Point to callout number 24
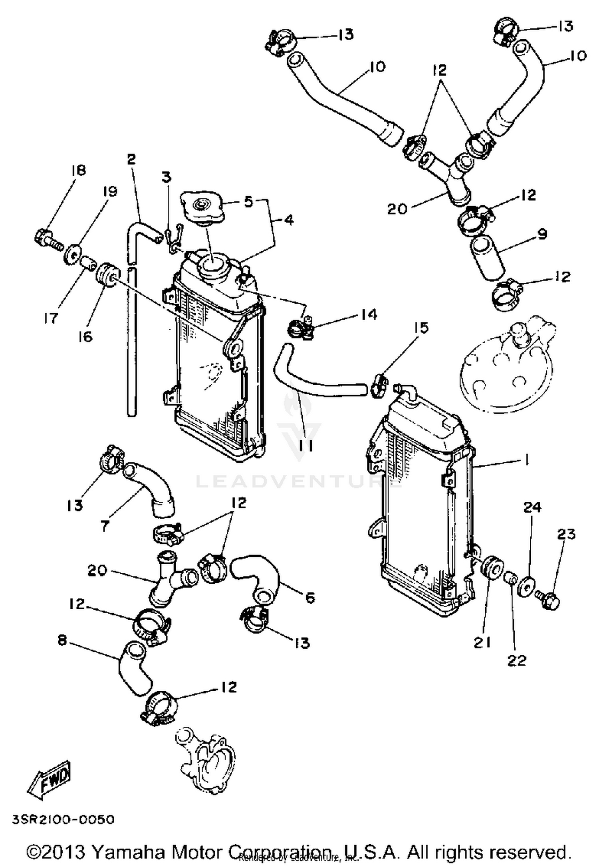tap(532, 507)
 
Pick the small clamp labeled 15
tap(379, 384)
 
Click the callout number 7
tap(105, 526)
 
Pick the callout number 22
tap(517, 660)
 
